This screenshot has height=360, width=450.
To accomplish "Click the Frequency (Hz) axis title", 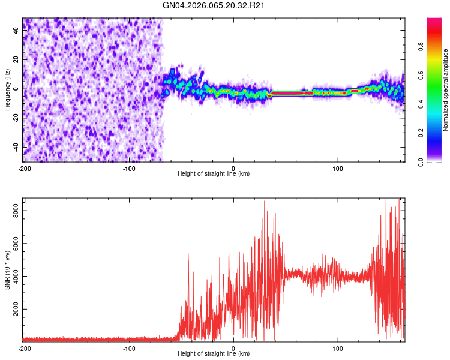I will tap(7, 89).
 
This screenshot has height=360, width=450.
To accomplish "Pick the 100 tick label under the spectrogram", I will tap(338, 167).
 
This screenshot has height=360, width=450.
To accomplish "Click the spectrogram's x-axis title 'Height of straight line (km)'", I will tap(214, 174).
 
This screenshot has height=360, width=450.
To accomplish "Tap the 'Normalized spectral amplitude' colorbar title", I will tap(446, 90).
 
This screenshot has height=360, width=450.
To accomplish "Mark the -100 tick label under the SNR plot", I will tap(128, 348).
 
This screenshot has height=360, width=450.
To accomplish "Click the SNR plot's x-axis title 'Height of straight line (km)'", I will tap(214, 354).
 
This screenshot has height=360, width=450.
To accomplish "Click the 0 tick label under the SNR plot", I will tap(233, 348).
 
